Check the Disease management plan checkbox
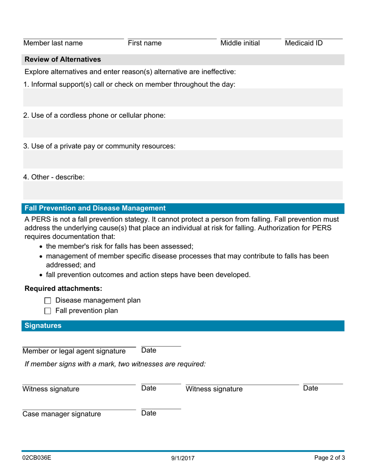pos(48,301)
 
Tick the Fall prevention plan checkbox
pos(48,311)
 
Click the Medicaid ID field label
pos(304,43)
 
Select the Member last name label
pos(53,43)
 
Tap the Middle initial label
pos(240,43)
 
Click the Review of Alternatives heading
pos(63,59)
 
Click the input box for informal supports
pos(183,97)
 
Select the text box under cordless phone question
pos(183,128)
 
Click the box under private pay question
pos(183,159)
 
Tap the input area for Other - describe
pos(183,190)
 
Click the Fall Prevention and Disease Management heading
pos(95,208)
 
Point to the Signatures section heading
pos(43,326)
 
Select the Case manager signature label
pos(62,414)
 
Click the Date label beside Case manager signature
pos(149,413)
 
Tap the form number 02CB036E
pos(37,458)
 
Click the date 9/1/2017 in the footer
pos(183,459)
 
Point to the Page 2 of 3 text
pos(329,458)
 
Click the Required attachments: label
pos(63,289)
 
